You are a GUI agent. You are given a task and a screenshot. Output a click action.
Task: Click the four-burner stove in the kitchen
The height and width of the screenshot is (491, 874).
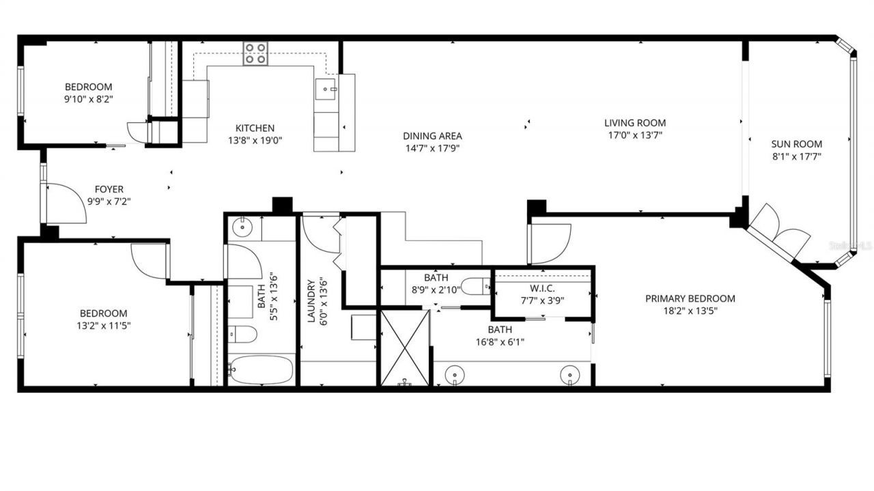[255, 53]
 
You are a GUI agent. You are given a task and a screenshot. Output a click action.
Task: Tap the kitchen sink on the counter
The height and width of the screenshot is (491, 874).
[326, 89]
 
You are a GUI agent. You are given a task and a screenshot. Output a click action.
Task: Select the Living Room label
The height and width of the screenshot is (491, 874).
[634, 123]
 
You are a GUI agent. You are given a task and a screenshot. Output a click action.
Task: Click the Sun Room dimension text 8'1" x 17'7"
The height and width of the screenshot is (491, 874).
[796, 156]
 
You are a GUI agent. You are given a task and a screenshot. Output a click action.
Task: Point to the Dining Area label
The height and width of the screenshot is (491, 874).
[432, 136]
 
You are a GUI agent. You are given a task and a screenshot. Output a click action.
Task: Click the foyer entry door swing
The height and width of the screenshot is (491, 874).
[65, 204]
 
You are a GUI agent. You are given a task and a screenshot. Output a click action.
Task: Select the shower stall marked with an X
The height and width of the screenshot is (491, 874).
[404, 348]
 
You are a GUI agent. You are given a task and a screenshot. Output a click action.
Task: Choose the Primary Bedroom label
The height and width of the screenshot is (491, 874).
[690, 298]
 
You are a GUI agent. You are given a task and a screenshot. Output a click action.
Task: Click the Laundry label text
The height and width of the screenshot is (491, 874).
[311, 301]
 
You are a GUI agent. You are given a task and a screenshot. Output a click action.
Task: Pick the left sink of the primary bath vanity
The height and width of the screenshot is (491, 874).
[455, 375]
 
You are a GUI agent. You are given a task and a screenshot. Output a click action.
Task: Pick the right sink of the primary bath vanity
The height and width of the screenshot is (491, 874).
[570, 375]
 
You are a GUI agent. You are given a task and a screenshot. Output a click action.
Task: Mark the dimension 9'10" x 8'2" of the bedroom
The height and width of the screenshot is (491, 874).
[88, 99]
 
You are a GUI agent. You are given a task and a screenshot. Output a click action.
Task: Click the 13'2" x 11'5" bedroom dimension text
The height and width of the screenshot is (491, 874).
[104, 326]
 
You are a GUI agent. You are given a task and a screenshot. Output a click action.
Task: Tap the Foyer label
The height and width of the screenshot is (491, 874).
[109, 189]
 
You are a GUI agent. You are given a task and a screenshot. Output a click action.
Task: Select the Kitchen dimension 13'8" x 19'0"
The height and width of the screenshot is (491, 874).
[255, 140]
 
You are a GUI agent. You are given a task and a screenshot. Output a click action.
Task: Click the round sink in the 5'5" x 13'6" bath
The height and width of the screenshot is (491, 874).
[241, 226]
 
